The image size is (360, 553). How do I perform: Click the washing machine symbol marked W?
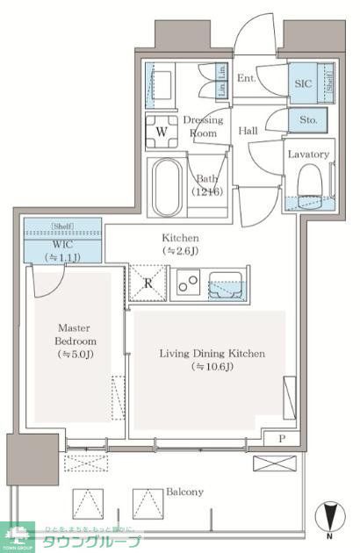coord(161,133)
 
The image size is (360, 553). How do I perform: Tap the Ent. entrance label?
coord(247,79)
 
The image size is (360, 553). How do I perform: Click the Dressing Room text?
coord(204,126)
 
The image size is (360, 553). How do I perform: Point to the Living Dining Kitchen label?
coord(212,354)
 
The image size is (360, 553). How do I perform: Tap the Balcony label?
coord(184,492)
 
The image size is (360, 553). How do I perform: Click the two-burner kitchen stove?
coord(189,283)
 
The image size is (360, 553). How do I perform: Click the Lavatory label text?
coord(308,154)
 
